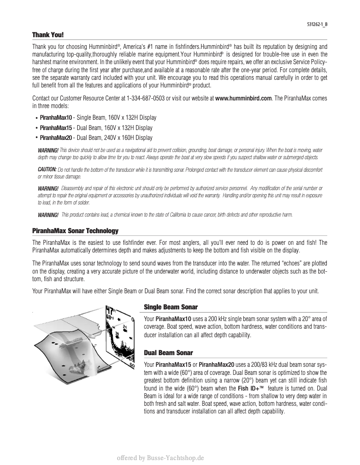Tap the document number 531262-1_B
click(x=314, y=25)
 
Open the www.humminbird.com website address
click(x=243, y=98)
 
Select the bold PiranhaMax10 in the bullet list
click(x=56, y=117)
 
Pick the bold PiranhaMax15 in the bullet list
click(x=56, y=128)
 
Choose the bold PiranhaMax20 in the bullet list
click(x=56, y=138)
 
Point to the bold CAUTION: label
click(x=47, y=169)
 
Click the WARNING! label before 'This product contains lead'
click(x=48, y=215)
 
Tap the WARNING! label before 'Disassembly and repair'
click(x=48, y=188)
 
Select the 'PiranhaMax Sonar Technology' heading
click(x=75, y=231)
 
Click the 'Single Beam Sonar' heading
click(x=171, y=307)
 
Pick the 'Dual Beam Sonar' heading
click(x=168, y=353)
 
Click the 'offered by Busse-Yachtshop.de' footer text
click(x=161, y=458)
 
